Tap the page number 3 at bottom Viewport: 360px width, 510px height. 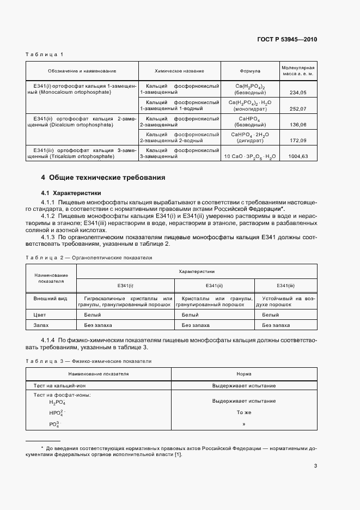315,466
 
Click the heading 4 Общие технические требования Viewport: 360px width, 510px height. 103,178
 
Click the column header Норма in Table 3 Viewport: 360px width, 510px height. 244,374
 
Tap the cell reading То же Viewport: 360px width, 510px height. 244,413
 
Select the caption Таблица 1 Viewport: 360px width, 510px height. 45,54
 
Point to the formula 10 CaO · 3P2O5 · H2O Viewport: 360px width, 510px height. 250,156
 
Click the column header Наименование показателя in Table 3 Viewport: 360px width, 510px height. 99,374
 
